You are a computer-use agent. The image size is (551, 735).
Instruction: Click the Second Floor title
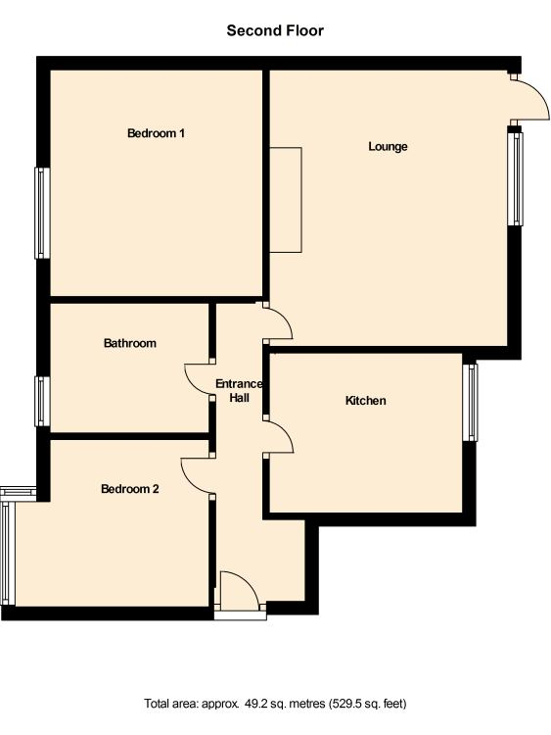[275, 31]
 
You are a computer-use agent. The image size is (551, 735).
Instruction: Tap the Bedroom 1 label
[156, 133]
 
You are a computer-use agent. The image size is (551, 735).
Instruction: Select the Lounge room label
[388, 146]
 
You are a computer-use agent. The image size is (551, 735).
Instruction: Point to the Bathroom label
[129, 343]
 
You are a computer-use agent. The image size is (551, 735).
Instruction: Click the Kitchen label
[366, 401]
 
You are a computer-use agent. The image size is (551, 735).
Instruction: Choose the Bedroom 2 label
[129, 489]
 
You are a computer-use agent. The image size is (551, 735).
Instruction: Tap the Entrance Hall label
[239, 391]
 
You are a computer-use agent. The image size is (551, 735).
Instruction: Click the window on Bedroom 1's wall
[42, 214]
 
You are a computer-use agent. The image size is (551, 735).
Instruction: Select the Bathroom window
[42, 402]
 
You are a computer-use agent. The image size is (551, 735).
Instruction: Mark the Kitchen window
[471, 403]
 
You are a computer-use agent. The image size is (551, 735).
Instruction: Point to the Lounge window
[516, 178]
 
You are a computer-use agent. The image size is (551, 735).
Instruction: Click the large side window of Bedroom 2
[8, 554]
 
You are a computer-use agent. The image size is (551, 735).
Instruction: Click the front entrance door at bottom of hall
[240, 591]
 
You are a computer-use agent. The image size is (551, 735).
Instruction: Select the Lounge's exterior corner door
[530, 99]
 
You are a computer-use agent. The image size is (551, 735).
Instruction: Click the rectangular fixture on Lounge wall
[286, 200]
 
